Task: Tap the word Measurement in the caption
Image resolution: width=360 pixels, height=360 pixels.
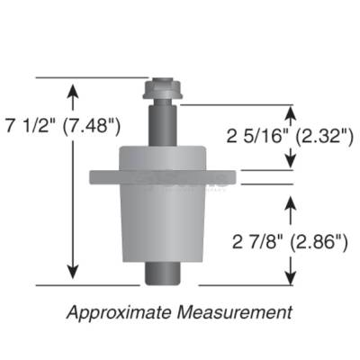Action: [237, 312]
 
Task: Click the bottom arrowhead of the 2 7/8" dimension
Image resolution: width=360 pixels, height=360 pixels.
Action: [290, 275]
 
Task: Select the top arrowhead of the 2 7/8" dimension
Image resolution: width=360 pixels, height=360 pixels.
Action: [290, 202]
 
